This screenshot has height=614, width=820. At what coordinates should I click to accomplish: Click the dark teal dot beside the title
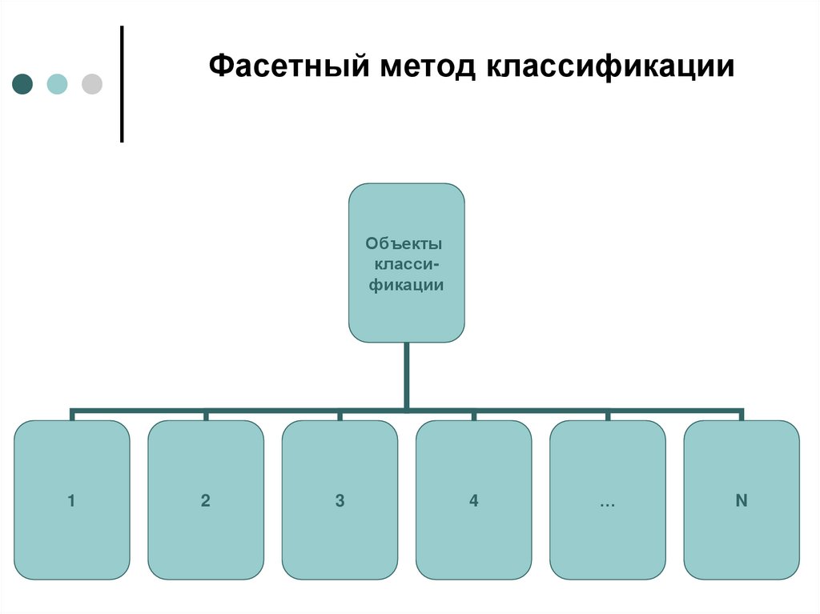click(x=23, y=83)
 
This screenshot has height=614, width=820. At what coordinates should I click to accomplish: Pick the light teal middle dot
click(x=58, y=83)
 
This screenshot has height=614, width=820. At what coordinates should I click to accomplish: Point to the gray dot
click(x=92, y=83)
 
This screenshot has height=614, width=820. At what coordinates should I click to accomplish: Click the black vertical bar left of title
click(x=122, y=84)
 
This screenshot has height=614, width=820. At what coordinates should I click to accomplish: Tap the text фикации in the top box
click(x=407, y=284)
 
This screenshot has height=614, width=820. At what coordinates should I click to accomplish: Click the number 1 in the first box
click(x=71, y=501)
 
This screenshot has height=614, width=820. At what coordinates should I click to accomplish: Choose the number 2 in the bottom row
click(x=206, y=501)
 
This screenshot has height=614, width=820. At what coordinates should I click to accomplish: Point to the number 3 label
click(x=340, y=501)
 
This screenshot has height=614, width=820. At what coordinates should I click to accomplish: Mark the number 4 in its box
click(x=474, y=501)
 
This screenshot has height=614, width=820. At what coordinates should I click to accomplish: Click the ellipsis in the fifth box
click(x=606, y=503)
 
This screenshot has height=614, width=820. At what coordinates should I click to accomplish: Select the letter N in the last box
click(x=742, y=501)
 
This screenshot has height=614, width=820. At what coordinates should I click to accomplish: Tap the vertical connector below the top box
click(x=407, y=376)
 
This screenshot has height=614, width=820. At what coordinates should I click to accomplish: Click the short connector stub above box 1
click(x=72, y=415)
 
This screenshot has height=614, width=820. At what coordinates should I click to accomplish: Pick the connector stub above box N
click(x=742, y=415)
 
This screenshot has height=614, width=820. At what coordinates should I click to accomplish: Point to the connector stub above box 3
click(x=340, y=415)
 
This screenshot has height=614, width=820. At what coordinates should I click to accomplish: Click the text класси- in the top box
click(x=407, y=264)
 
